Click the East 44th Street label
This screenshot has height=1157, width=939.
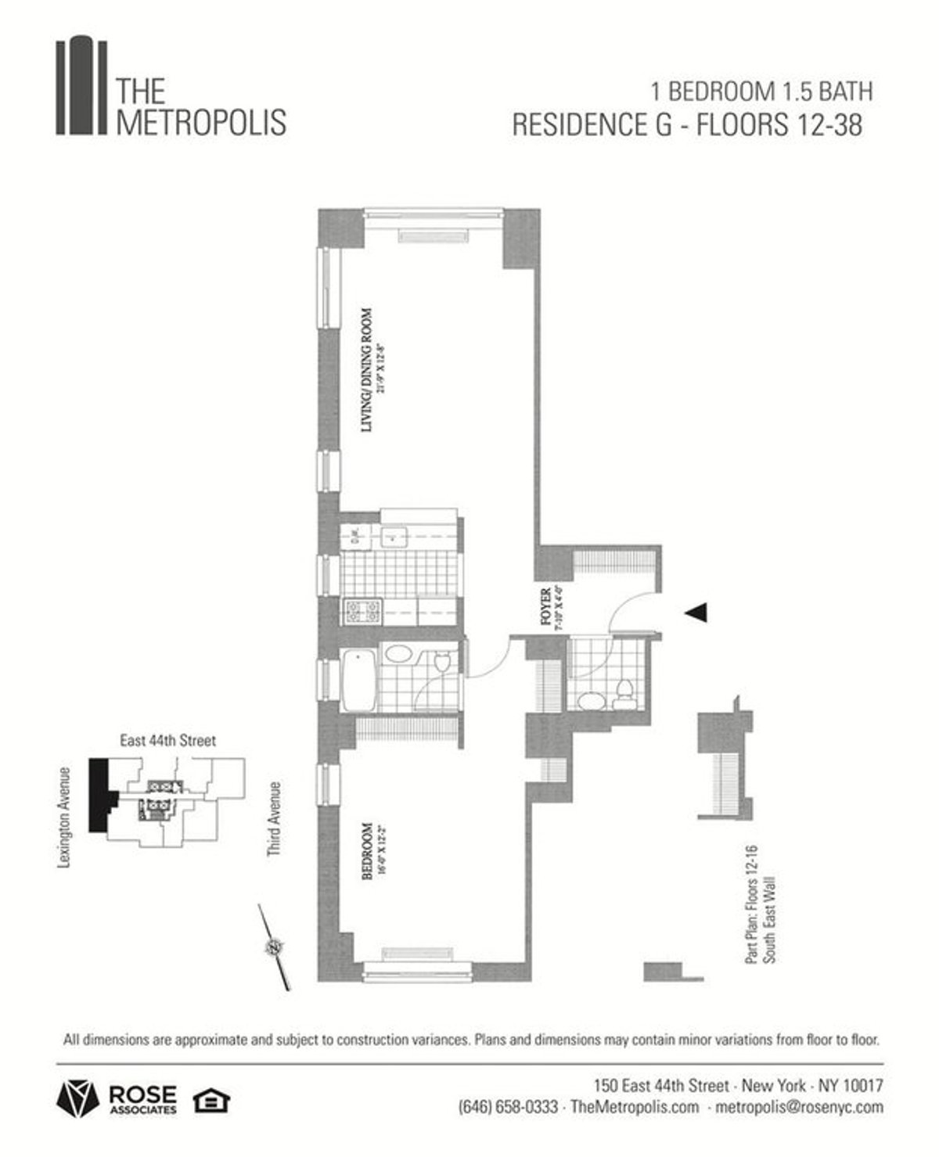pyautogui.click(x=167, y=740)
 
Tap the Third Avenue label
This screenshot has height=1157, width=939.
pyautogui.click(x=274, y=819)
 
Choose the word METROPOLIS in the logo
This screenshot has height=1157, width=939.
pyautogui.click(x=201, y=124)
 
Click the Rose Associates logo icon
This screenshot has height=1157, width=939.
pyautogui.click(x=77, y=1099)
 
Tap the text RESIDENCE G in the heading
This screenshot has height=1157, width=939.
pyautogui.click(x=592, y=125)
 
